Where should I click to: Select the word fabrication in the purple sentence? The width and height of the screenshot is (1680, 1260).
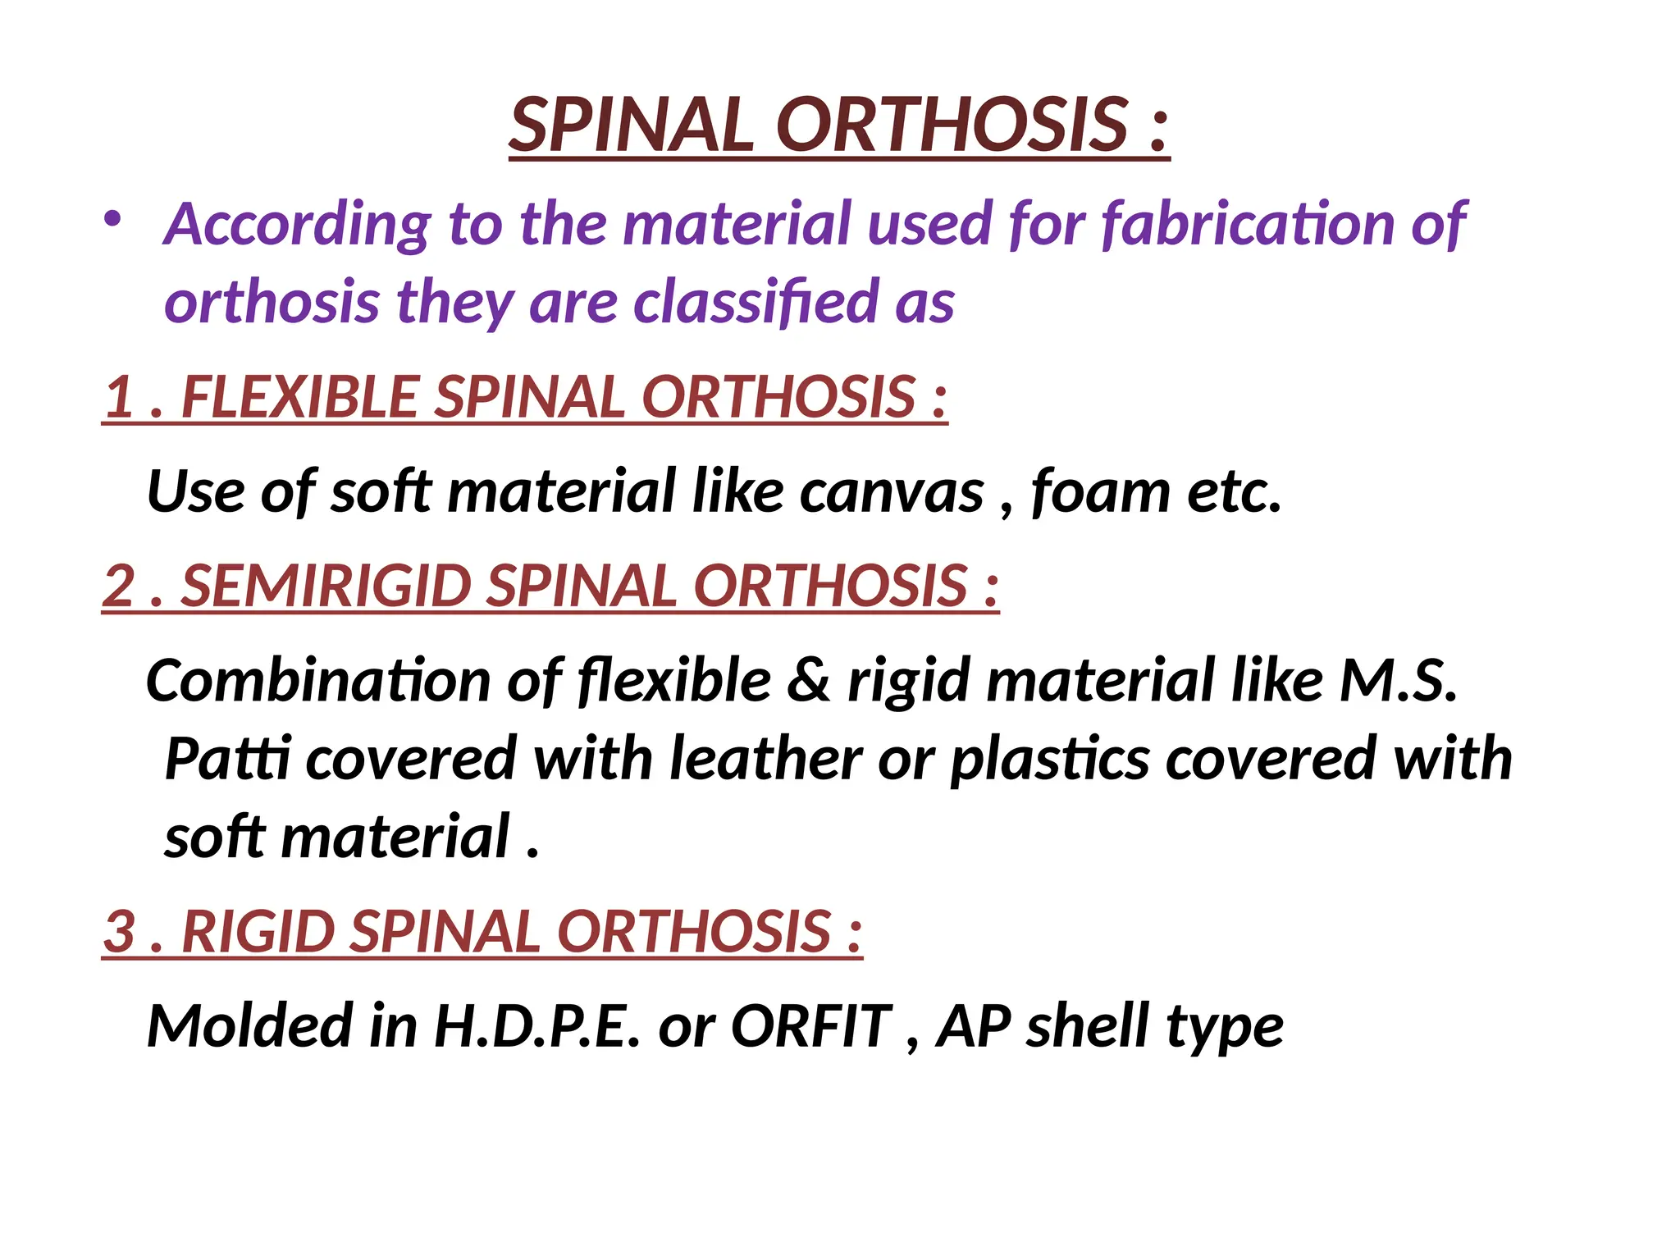pos(1246,224)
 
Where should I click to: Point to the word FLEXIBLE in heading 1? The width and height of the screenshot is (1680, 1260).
pos(300,397)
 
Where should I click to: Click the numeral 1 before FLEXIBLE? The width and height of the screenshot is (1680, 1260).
pos(121,397)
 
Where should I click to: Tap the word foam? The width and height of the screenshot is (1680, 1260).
pos(1100,492)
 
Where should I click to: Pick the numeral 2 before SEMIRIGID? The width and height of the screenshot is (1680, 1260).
pos(120,587)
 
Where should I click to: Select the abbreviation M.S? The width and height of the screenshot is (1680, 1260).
pos(1398,682)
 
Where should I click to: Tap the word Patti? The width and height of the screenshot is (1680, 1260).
pos(227,759)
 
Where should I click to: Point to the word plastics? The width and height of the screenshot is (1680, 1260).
pos(1050,759)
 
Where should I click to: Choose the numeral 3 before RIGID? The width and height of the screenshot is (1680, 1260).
pos(120,932)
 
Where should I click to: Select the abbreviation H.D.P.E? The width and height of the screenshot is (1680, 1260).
pos(536,1027)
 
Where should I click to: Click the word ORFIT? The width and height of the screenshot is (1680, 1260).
pos(810,1027)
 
